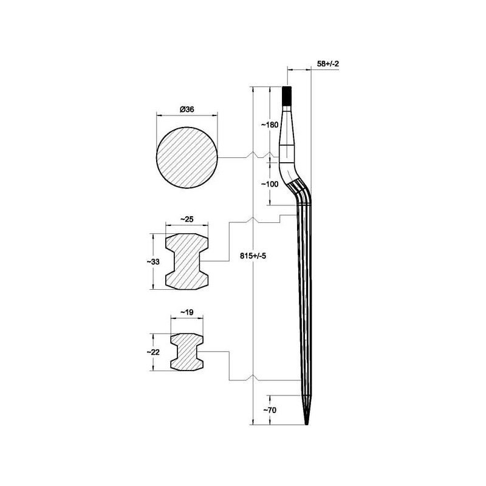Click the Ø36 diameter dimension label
187,109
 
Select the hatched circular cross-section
187,157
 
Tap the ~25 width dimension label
187,219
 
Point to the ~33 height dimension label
153,262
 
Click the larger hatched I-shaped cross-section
187,262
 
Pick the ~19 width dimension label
187,312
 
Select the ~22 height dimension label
153,352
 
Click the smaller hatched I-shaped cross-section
187,352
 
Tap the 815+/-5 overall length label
253,256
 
